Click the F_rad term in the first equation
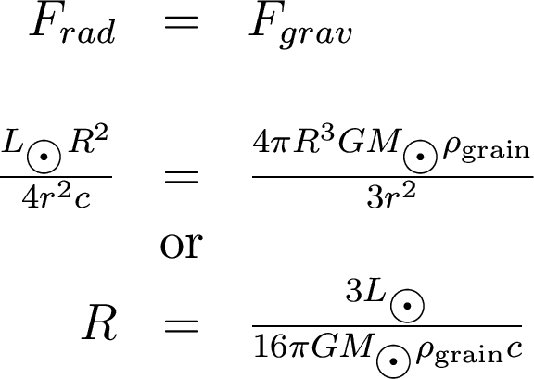click(72, 27)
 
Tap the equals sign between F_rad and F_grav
click(182, 23)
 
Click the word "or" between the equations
click(182, 246)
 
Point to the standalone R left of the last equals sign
click(100, 322)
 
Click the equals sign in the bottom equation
click(182, 326)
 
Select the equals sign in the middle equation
click(182, 177)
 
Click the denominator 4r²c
click(57, 196)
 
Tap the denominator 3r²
click(391, 196)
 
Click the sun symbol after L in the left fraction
click(44, 157)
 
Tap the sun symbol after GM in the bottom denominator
click(394, 361)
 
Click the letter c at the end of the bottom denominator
click(514, 349)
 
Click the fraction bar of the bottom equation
click(387, 326)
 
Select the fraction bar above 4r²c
click(56, 177)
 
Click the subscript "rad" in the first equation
click(88, 32)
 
